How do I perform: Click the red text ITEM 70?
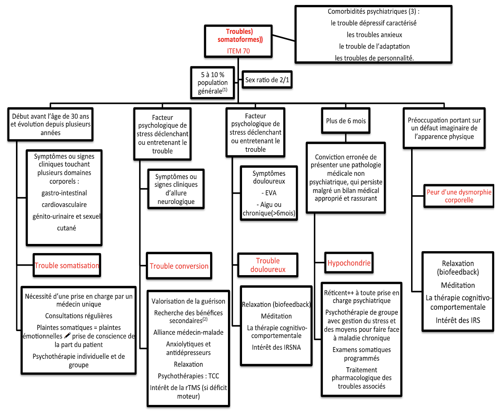click(238, 51)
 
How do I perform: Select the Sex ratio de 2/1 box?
click(267, 80)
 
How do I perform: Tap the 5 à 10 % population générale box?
click(212, 83)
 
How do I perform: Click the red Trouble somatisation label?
click(67, 266)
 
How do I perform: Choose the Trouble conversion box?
click(179, 266)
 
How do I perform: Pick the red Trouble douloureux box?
click(268, 265)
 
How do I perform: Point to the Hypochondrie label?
click(349, 263)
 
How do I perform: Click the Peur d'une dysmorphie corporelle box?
click(459, 196)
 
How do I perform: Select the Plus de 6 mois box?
click(346, 121)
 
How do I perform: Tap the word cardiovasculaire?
click(64, 205)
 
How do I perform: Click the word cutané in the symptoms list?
click(66, 228)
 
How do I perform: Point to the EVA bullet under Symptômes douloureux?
click(269, 193)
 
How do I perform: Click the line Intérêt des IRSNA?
click(276, 347)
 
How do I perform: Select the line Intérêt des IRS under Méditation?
click(458, 320)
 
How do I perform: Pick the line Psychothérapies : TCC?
click(188, 376)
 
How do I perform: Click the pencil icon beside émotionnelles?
click(68, 336)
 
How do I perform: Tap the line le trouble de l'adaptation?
click(374, 46)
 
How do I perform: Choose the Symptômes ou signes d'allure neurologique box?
click(176, 189)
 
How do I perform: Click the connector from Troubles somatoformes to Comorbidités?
click(283, 38)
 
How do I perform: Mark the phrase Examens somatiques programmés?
click(362, 354)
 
